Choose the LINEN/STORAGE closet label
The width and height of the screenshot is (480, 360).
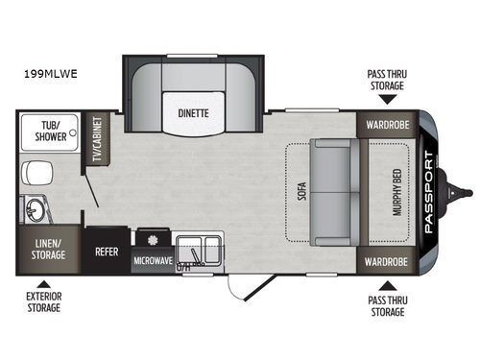click(x=47, y=249)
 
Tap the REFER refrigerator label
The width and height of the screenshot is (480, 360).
click(x=106, y=254)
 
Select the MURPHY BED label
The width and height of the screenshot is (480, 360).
click(x=396, y=192)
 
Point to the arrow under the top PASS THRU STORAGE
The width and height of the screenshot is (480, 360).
click(x=385, y=100)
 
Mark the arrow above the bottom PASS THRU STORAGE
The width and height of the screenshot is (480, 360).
click(x=385, y=284)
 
